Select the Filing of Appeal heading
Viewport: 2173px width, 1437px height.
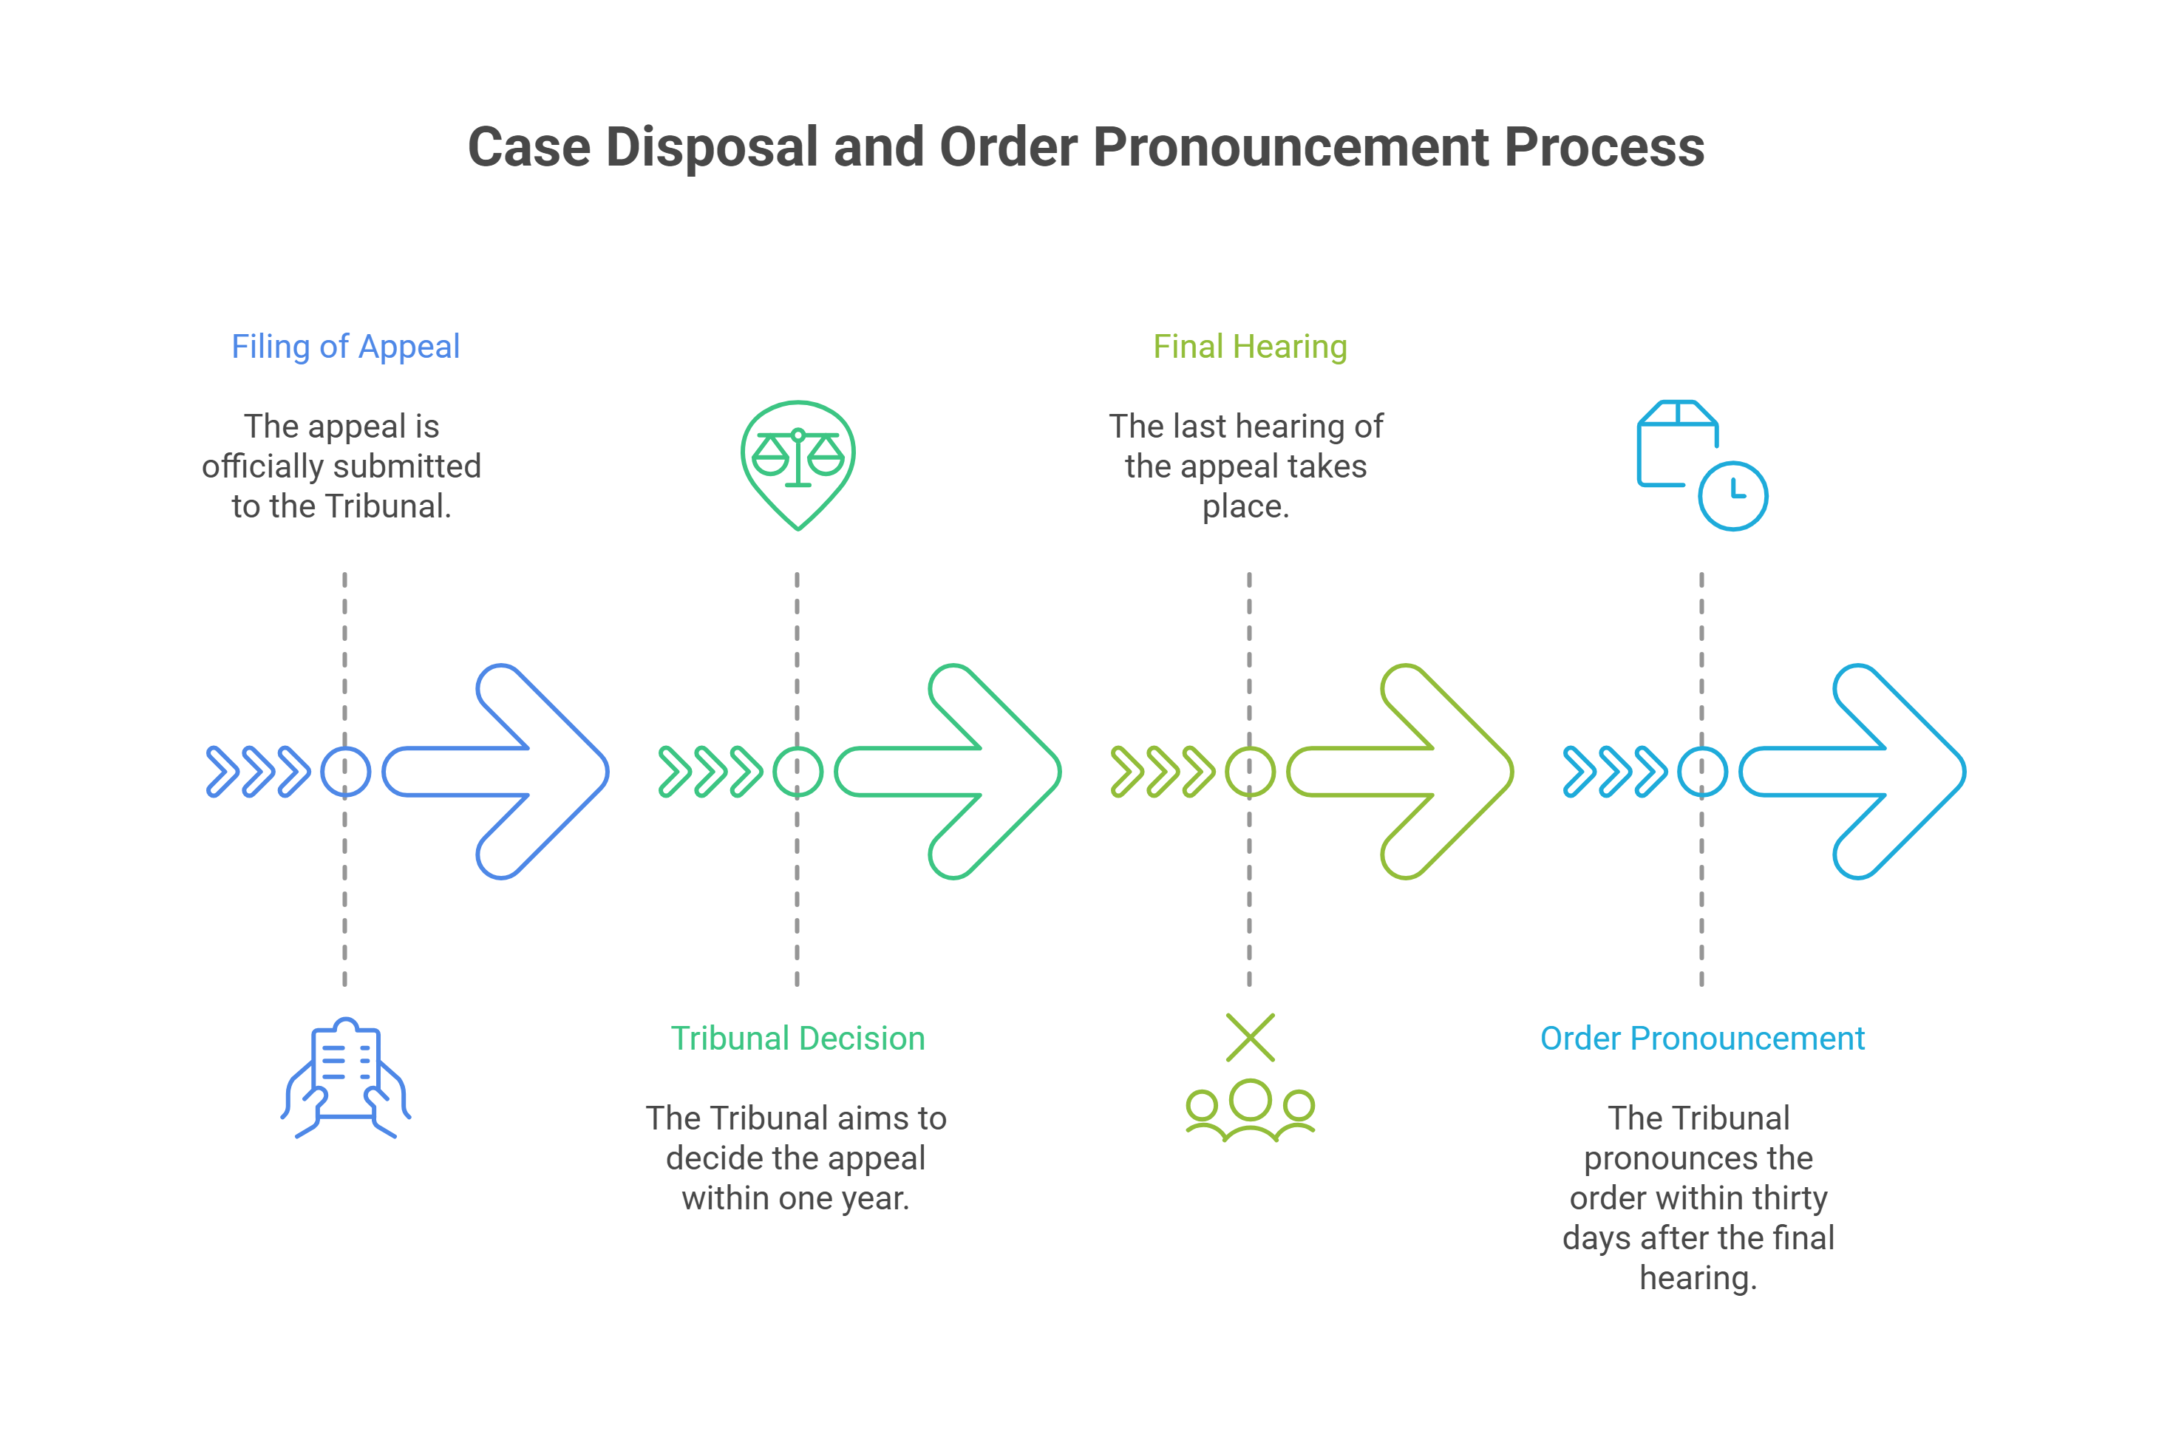pos(344,347)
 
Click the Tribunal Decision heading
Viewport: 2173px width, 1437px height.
pos(797,1039)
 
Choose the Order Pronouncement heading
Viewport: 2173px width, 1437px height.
pos(1701,1039)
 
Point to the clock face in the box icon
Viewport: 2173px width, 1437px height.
pos(1732,496)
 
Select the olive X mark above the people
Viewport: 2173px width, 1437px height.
pos(1250,1037)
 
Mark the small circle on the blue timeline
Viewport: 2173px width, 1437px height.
pos(345,772)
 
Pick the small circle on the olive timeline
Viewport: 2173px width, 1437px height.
pos(1250,772)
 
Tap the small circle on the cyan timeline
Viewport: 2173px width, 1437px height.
pos(1701,772)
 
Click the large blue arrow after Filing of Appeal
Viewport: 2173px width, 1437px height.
pos(513,772)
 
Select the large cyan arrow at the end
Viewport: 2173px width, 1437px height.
pos(1868,772)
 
